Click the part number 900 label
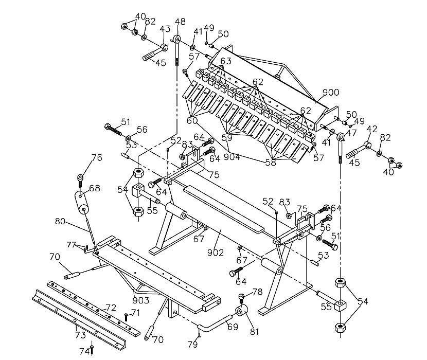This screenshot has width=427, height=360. (331, 93)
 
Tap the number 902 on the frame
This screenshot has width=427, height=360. (216, 253)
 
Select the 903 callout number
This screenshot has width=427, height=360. (141, 300)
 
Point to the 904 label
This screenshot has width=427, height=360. (232, 157)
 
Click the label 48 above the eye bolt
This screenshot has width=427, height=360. (180, 22)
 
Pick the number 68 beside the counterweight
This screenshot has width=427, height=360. (95, 188)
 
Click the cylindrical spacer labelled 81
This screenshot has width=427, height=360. (241, 311)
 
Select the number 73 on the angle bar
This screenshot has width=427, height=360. (80, 335)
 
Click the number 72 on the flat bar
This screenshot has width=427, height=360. (111, 308)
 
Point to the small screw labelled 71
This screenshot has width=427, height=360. (126, 317)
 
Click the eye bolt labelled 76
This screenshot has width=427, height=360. (80, 181)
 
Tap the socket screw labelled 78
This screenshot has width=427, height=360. (241, 298)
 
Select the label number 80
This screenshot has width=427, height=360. (60, 221)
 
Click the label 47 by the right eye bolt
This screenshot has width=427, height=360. (351, 133)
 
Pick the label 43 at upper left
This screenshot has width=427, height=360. (165, 29)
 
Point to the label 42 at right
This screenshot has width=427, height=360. (372, 129)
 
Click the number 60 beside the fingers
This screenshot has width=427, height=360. (192, 120)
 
